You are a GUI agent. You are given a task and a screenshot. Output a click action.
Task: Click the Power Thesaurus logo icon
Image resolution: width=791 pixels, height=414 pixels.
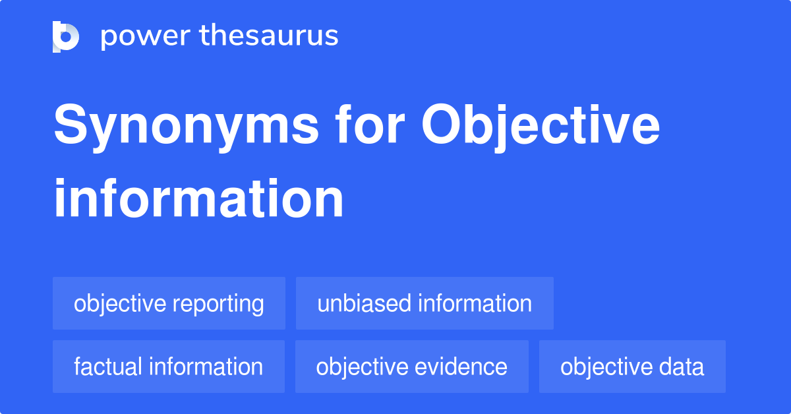[66, 36]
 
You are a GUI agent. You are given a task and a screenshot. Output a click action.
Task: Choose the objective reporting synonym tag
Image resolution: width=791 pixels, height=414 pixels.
[169, 303]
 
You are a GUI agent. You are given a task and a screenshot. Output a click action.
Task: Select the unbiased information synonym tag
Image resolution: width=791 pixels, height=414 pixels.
[425, 303]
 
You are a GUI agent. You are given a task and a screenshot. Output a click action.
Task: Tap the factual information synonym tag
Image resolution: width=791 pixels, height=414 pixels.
[169, 367]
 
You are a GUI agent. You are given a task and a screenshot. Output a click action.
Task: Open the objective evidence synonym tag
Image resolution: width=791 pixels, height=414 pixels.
[411, 367]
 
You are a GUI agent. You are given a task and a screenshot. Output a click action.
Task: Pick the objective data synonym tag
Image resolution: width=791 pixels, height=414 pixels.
[632, 367]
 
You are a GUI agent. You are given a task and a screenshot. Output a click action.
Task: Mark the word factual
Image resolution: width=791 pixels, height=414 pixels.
[108, 367]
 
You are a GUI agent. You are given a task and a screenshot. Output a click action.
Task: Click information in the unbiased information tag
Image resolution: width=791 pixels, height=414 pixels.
[475, 303]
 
